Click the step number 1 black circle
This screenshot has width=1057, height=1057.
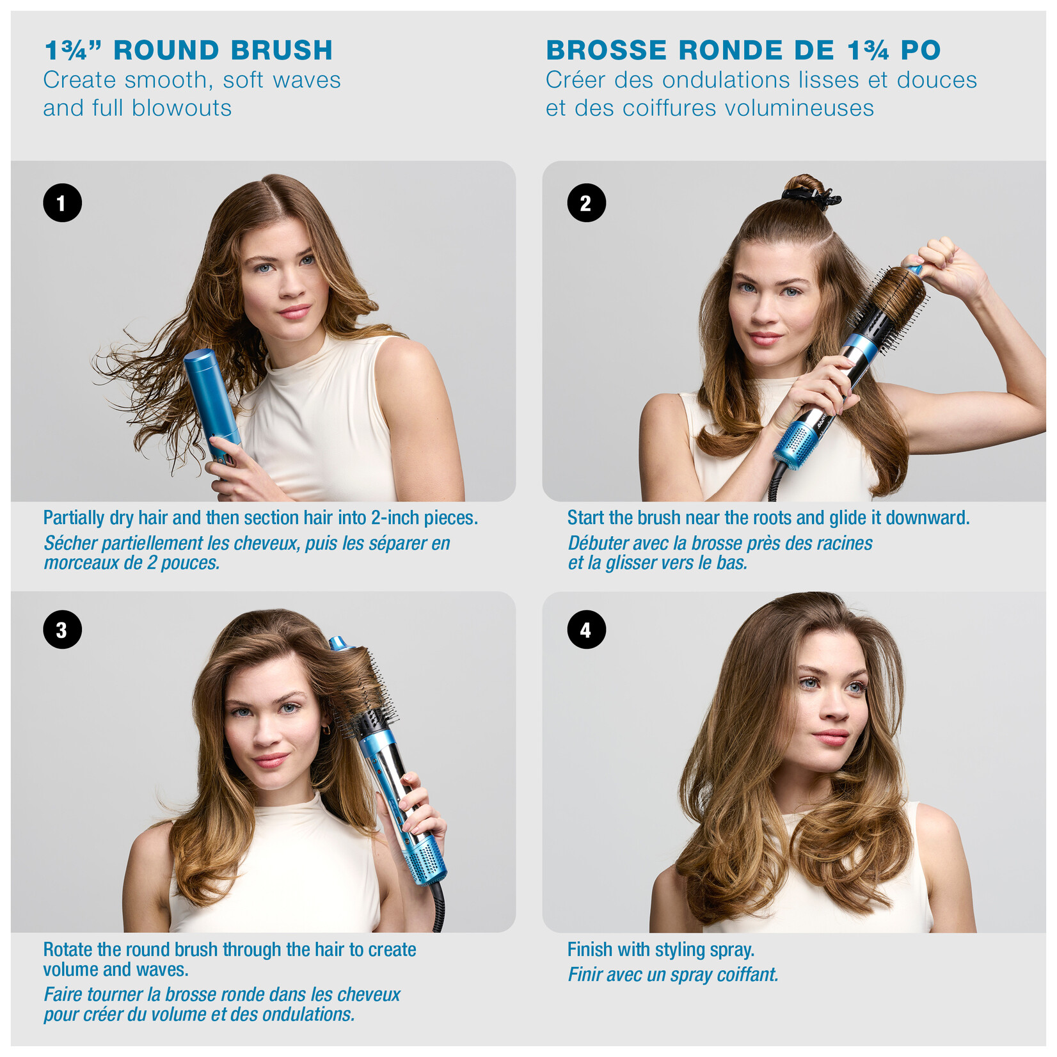coord(62,203)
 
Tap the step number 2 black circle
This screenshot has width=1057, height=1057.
coord(586,203)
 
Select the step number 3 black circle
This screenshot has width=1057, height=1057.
coord(62,630)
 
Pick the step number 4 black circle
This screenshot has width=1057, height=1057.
coord(586,630)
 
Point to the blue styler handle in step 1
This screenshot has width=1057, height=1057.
coord(211,397)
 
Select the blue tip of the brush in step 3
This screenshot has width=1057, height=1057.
coord(338,642)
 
